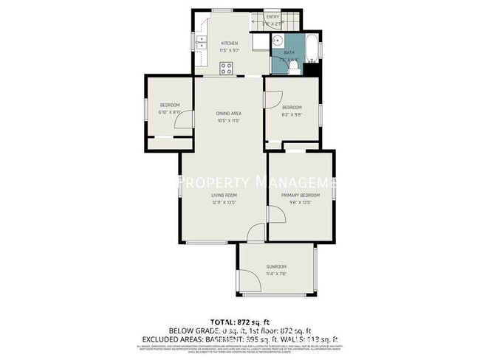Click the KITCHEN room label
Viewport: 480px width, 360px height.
pos(230,44)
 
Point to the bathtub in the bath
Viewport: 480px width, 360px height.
pos(312,48)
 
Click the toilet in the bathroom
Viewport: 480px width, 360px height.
pos(293,68)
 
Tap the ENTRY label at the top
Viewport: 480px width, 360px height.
pos(272,16)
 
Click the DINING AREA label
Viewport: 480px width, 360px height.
pos(228,113)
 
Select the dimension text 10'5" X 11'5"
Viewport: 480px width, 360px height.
pos(228,120)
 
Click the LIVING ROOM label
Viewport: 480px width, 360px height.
pos(222,195)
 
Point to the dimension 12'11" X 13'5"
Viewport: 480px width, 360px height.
pos(222,202)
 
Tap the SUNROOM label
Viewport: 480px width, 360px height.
pos(276,266)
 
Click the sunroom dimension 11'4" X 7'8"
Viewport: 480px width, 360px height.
pos(276,273)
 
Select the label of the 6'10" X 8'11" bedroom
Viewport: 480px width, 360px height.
pos(169,105)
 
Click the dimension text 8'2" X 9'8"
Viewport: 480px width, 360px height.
pos(292,114)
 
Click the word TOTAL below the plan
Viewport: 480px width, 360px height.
pos(224,322)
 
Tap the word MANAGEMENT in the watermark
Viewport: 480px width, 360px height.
pos(295,181)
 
